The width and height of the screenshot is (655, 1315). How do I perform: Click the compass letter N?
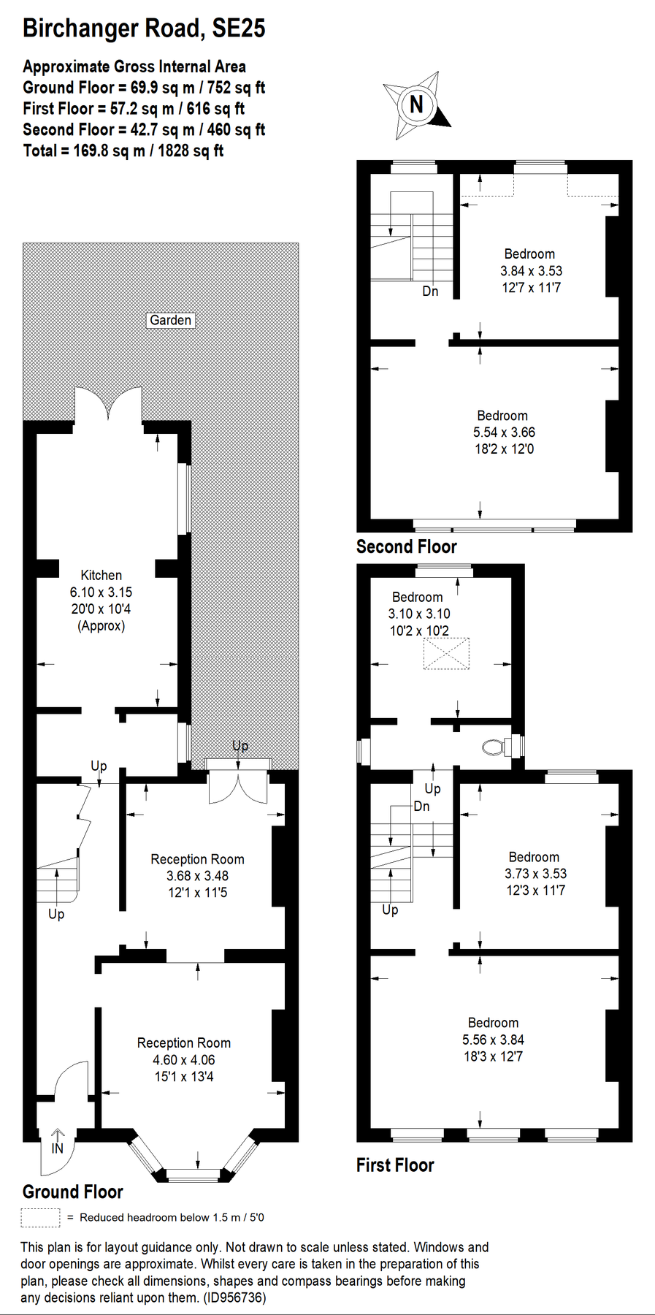pyautogui.click(x=416, y=104)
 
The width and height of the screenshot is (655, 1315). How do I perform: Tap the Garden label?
pyautogui.click(x=171, y=320)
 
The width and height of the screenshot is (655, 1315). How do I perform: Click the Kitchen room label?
pyautogui.click(x=101, y=575)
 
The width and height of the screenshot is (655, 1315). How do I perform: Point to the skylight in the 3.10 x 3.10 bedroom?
pyautogui.click(x=446, y=654)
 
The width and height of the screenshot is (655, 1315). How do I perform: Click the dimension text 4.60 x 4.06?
pyautogui.click(x=184, y=1059)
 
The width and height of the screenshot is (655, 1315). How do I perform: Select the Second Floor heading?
pyautogui.click(x=406, y=546)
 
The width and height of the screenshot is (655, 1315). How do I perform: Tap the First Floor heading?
pyautogui.click(x=395, y=1165)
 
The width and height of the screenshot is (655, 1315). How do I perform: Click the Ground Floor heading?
pyautogui.click(x=73, y=1192)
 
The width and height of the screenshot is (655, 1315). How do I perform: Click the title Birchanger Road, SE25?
pyautogui.click(x=144, y=28)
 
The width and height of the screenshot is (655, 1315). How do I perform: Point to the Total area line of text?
pyautogui.click(x=123, y=150)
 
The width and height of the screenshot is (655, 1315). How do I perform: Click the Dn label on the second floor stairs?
pyautogui.click(x=430, y=291)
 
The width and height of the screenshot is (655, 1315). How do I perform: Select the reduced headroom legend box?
pyautogui.click(x=40, y=1217)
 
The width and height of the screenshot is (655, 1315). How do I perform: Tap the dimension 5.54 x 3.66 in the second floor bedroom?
pyautogui.click(x=504, y=432)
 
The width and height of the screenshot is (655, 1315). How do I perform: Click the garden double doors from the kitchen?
pyautogui.click(x=108, y=404)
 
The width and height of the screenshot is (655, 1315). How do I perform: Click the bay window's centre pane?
pyautogui.click(x=194, y=1175)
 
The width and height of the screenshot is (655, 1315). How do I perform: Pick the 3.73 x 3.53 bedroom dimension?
pyautogui.click(x=535, y=873)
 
